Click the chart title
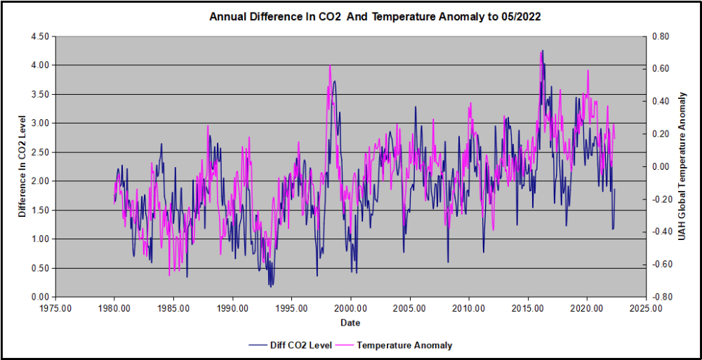click(375, 16)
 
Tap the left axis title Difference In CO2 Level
click(22, 166)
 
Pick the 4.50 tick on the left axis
click(41, 36)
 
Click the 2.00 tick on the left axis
click(41, 181)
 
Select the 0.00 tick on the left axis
click(41, 297)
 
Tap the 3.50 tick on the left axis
click(41, 94)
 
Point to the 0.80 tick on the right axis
click(661, 36)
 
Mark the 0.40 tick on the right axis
click(661, 101)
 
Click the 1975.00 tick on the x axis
click(55, 308)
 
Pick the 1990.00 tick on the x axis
click(232, 308)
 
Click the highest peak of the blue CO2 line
click(543, 51)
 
